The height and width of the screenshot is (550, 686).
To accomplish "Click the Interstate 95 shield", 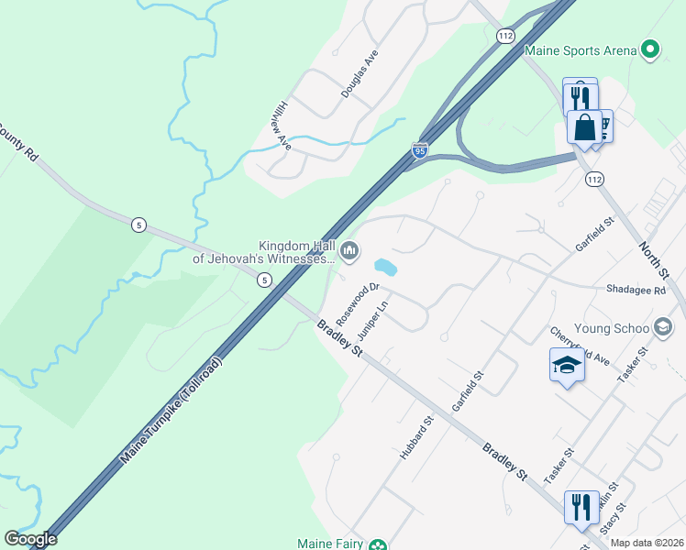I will pos(419,150).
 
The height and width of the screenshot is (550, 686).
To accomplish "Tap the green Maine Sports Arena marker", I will pos(650,49).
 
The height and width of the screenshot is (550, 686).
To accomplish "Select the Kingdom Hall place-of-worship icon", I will pos(349,250).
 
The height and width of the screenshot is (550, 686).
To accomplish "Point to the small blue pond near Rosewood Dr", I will pos(385,268).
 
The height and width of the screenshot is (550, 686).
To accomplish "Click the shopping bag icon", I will pos(584,127).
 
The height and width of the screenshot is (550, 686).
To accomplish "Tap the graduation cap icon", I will pos(567,366).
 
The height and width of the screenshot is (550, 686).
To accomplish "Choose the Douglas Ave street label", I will pos(359,74).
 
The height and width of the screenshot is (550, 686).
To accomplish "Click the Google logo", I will pos(30,539).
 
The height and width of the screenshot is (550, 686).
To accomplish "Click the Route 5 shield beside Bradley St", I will pos(264,280).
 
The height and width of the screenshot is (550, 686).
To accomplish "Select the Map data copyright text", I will pos(647,543).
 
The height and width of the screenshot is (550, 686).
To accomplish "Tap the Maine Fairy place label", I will pos(331,543).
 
